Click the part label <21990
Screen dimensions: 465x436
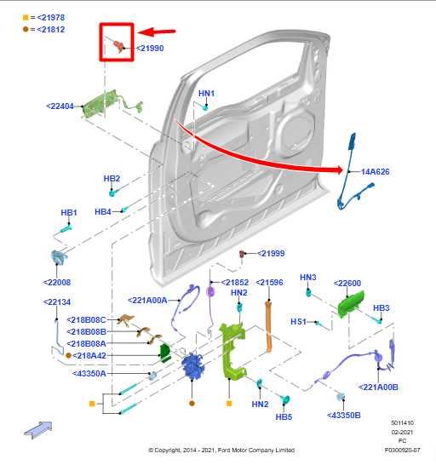(x=149, y=49)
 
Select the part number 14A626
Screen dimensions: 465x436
(x=375, y=171)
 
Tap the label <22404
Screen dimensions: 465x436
(x=62, y=106)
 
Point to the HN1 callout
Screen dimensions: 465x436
(x=206, y=92)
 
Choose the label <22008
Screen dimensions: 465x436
(x=57, y=282)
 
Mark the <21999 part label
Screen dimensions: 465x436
(x=271, y=253)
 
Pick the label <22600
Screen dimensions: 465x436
(x=347, y=284)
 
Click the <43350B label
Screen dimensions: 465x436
(x=344, y=415)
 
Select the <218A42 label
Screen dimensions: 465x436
(x=89, y=355)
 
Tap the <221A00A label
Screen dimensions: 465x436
(x=153, y=300)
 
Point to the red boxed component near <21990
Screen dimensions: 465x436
(x=117, y=46)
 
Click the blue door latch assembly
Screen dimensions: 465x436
(x=191, y=369)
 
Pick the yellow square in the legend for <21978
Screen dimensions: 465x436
(x=26, y=17)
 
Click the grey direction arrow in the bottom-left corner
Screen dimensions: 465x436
(x=37, y=428)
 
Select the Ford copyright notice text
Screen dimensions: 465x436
(x=221, y=450)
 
